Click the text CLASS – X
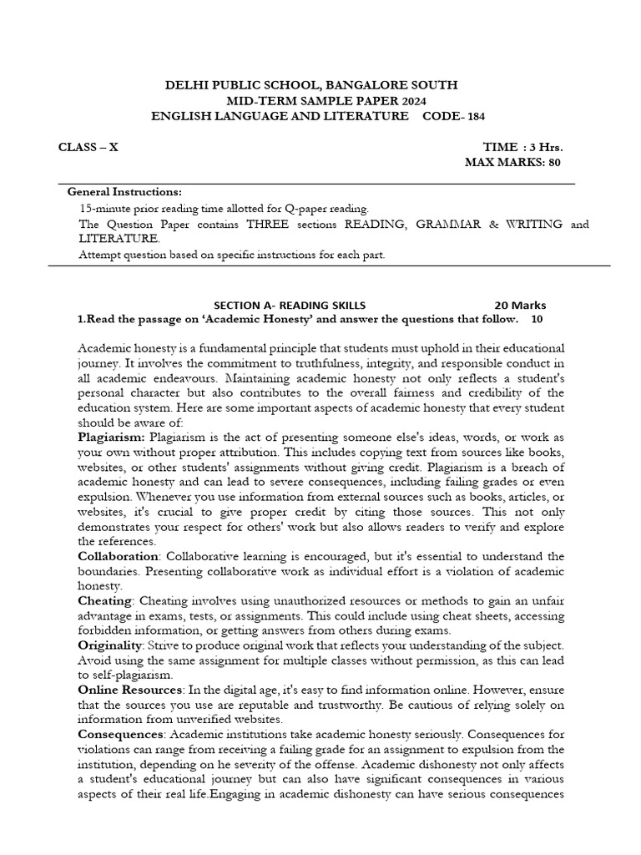point(88,147)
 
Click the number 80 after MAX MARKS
point(554,162)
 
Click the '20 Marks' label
point(521,305)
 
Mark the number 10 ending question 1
point(537,319)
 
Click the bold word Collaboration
point(118,555)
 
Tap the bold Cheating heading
point(104,600)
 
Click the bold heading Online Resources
point(130,689)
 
